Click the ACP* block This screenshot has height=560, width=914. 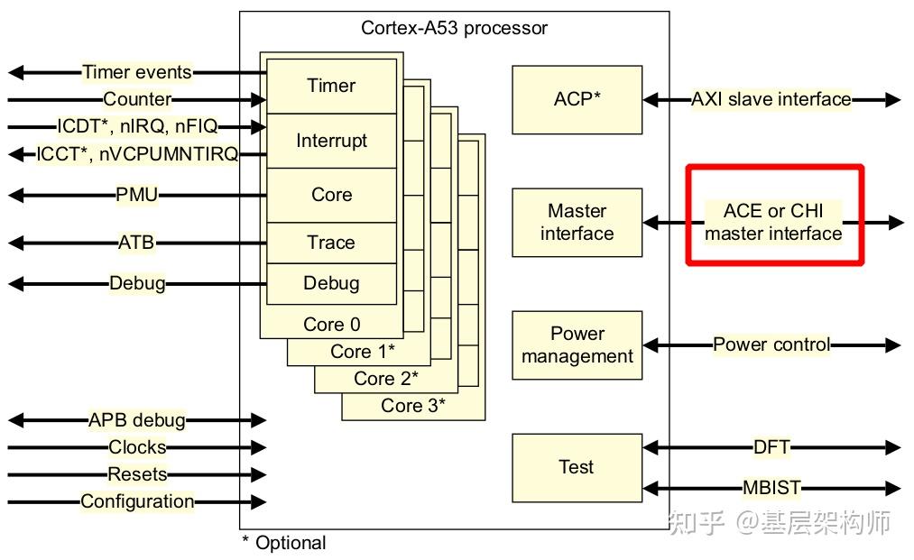tap(577, 100)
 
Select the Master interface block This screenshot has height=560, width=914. tap(577, 222)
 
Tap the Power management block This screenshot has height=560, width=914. tap(577, 345)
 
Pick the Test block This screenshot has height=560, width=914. tap(577, 467)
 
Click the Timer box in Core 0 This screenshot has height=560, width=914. tap(331, 86)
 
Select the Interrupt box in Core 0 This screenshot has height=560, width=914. tap(331, 141)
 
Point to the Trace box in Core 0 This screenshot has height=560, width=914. tap(331, 243)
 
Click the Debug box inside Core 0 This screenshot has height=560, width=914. tap(331, 284)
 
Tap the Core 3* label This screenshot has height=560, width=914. tap(412, 405)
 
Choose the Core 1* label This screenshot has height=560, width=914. tap(362, 352)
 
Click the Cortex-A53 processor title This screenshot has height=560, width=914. tap(454, 28)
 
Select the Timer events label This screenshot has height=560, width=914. tap(137, 71)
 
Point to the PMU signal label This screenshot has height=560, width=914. tap(136, 194)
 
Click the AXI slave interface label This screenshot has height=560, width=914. tap(771, 99)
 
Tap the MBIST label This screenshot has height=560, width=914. tap(771, 487)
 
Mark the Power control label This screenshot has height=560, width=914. tap(771, 344)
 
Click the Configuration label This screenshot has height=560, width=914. tap(137, 501)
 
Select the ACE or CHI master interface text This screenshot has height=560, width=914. tap(773, 222)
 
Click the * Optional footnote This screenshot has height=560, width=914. tap(284, 543)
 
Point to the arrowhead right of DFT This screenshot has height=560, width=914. tap(893, 447)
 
